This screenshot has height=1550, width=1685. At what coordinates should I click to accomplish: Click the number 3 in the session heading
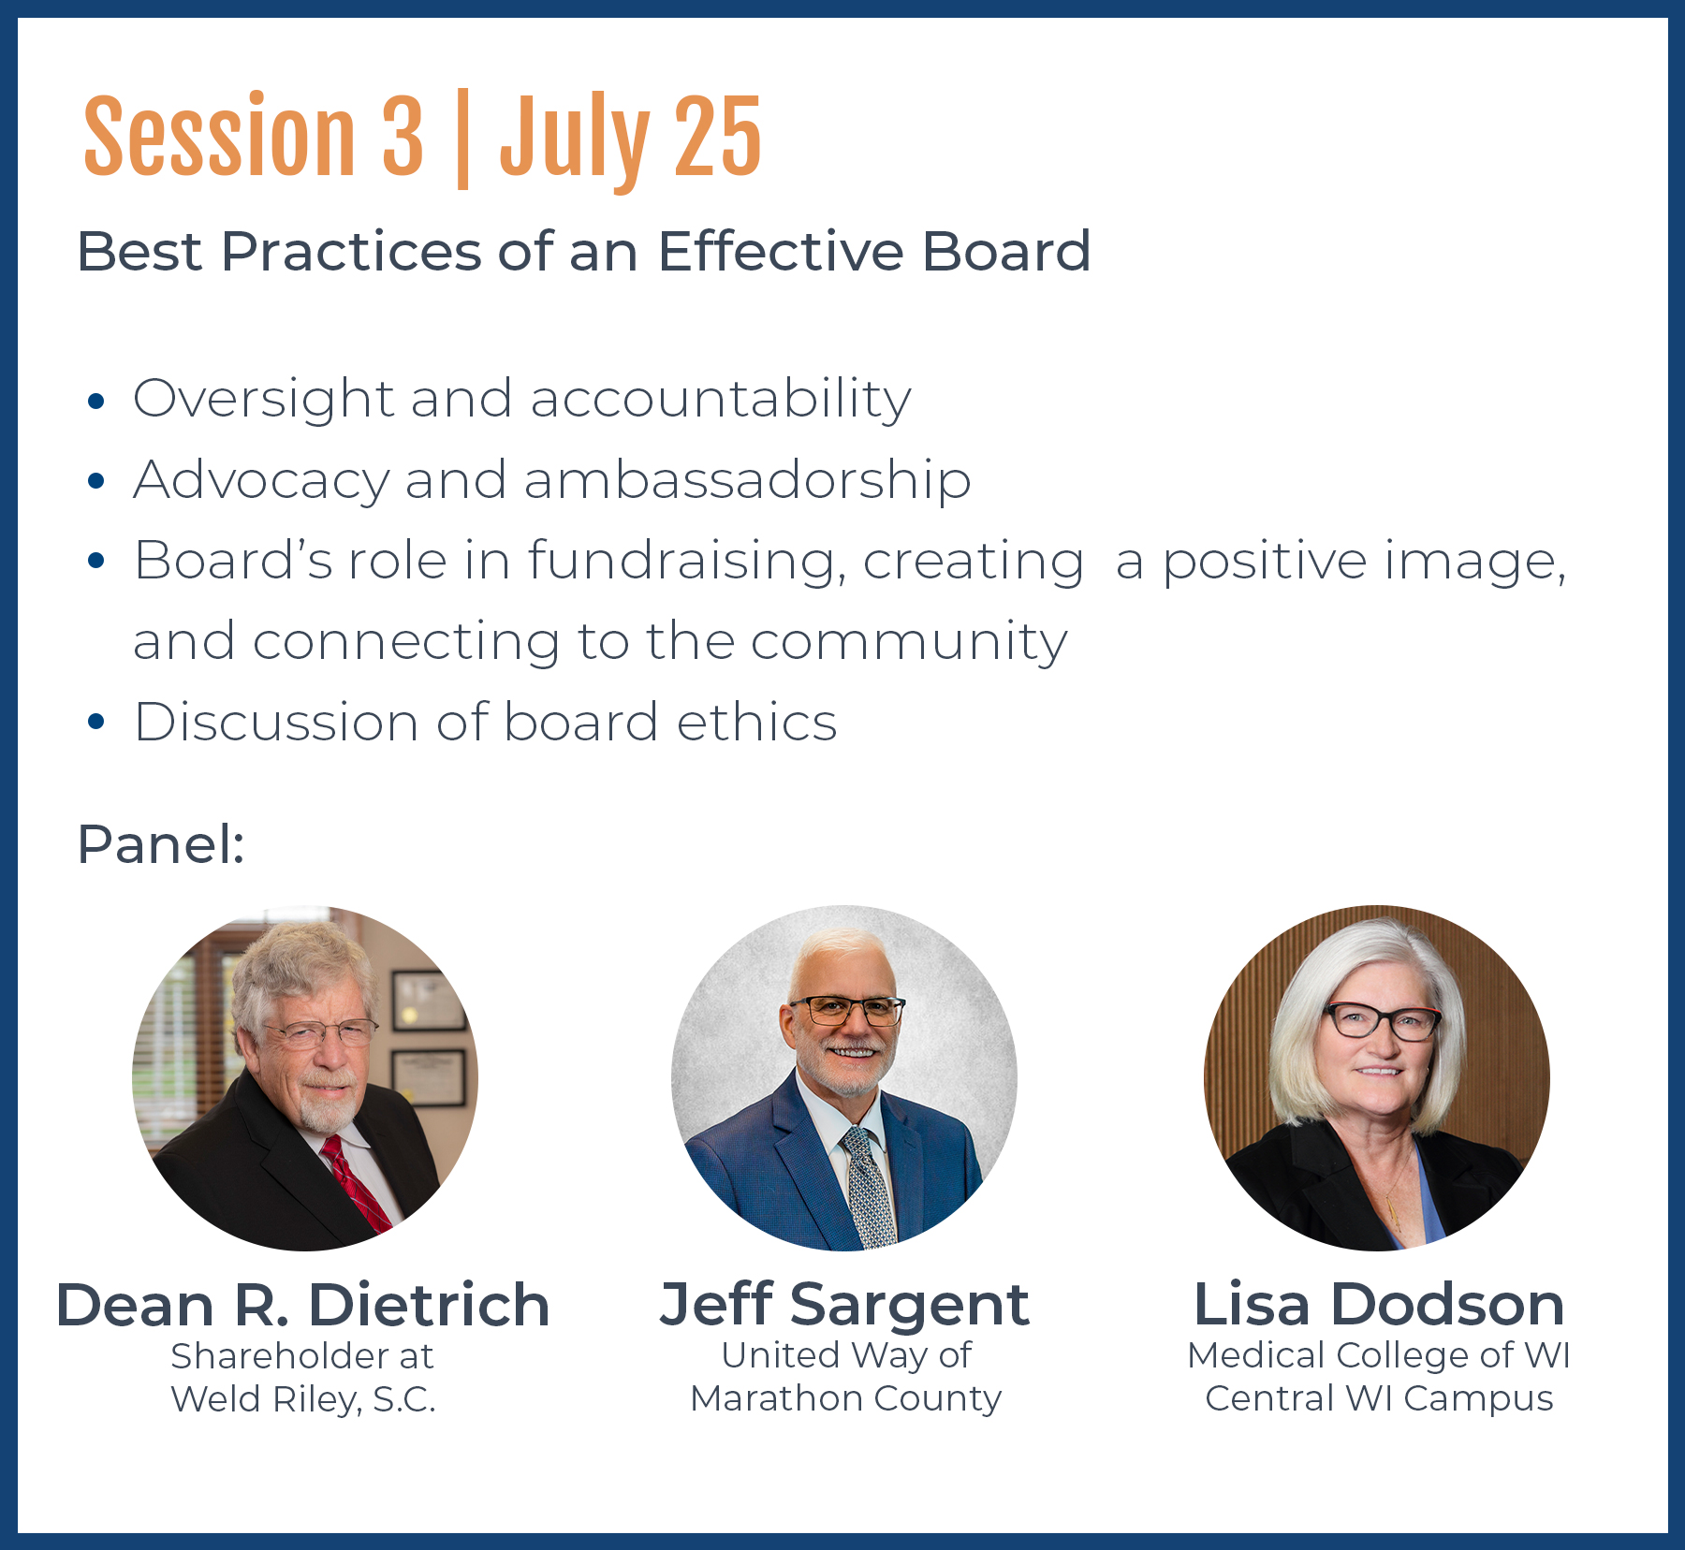coord(403,136)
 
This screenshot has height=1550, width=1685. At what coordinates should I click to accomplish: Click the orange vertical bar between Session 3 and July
coord(462,139)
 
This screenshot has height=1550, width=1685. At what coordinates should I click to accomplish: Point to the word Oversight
coord(263,400)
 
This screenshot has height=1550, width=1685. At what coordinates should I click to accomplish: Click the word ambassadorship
coord(747,480)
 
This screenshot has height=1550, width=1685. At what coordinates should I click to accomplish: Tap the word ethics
coord(756,723)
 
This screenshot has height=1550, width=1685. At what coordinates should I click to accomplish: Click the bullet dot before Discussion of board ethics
coord(95,722)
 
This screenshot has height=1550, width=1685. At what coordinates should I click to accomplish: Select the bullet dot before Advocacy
coord(95,481)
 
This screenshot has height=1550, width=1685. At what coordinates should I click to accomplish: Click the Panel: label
coord(161,844)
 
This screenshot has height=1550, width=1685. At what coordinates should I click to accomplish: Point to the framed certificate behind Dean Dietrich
coord(429,1080)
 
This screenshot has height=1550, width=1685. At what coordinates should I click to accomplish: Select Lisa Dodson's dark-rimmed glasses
coord(1382,1020)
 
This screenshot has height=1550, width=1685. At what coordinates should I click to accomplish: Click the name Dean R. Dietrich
coord(302,1305)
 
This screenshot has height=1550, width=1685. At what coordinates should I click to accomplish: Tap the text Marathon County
coord(846,1398)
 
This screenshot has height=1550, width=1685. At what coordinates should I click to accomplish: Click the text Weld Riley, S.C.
coord(303,1399)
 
